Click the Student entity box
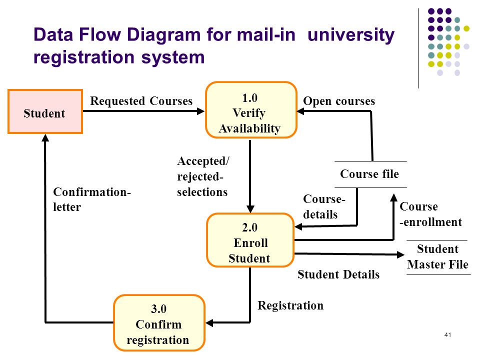[45, 111]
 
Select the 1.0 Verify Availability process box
[251, 110]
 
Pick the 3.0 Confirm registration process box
[159, 322]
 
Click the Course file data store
[370, 174]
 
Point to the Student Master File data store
[438, 257]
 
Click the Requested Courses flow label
[141, 101]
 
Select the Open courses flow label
[339, 101]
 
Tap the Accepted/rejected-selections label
[202, 176]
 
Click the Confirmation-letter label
[92, 199]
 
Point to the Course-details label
[324, 206]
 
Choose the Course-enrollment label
[430, 214]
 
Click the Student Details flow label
[338, 274]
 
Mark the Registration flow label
[290, 305]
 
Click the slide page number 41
[447, 335]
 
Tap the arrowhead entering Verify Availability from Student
[201, 111]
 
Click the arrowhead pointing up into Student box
[45, 138]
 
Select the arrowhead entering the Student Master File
[400, 254]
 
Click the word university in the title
[351, 35]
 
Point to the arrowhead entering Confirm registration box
[209, 322]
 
